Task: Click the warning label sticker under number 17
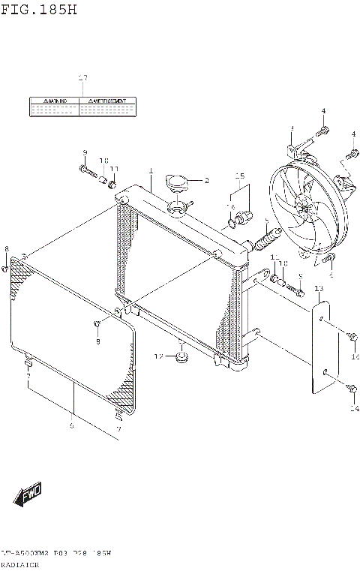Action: (82, 106)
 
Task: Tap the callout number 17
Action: (82, 78)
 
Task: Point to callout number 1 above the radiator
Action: (150, 172)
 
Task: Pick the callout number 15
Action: (239, 177)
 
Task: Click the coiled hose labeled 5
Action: (268, 239)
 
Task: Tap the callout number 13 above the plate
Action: (319, 289)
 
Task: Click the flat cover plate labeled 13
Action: (321, 346)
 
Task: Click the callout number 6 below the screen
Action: (72, 427)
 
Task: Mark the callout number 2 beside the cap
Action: (206, 180)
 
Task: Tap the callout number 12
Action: (159, 355)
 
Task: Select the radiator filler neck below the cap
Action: (178, 206)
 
